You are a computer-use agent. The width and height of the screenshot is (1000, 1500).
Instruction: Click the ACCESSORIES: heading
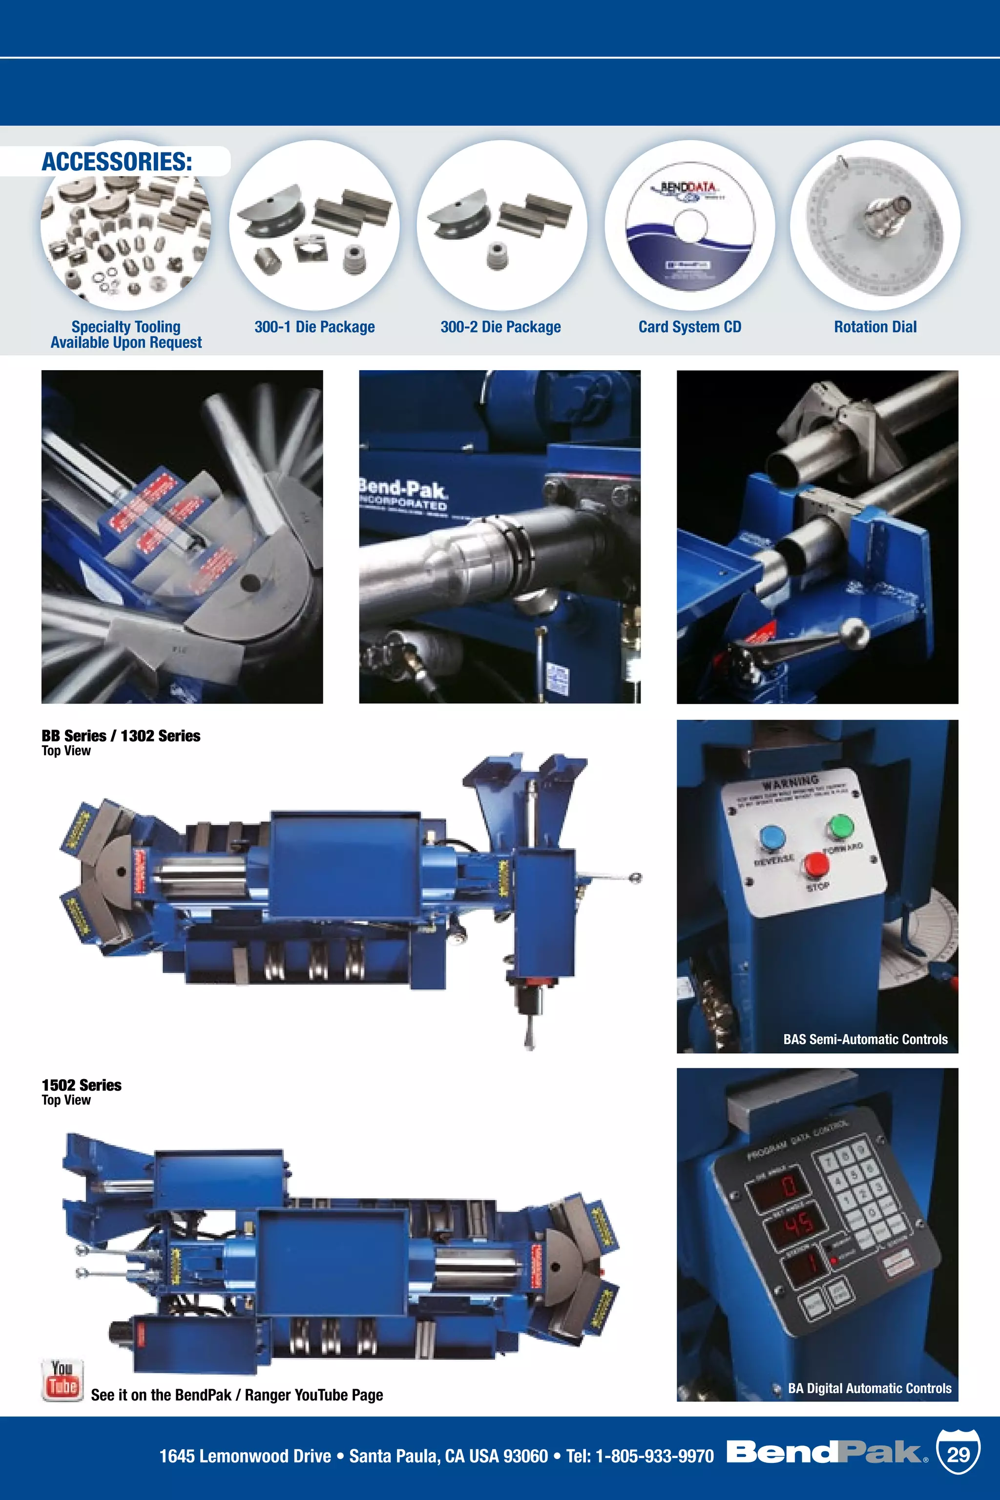pos(117,161)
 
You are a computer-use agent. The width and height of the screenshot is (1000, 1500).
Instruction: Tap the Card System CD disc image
pos(689,226)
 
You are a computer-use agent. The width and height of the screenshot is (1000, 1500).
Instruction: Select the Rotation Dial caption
pos(875,327)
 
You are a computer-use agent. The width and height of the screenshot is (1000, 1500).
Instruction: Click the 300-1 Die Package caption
pos(314,327)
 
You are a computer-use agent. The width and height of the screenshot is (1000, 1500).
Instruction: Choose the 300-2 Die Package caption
pos(500,327)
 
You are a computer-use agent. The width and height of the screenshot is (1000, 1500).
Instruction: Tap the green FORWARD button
pos(840,827)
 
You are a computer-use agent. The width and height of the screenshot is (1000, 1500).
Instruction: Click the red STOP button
pos(816,865)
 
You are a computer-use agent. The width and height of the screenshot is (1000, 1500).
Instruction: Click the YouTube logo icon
pos(62,1380)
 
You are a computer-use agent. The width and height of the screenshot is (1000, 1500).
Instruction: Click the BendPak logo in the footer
pos(827,1452)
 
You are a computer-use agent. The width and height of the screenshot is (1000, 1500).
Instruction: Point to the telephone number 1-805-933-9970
pos(654,1456)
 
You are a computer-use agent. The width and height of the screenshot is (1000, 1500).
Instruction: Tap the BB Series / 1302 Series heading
pos(121,736)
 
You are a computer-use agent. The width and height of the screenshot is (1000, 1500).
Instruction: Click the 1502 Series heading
pos(82,1085)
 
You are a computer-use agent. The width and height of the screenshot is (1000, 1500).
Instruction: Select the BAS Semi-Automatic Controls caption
pos(865,1039)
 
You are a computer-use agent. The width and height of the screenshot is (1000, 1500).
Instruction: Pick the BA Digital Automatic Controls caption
pos(869,1388)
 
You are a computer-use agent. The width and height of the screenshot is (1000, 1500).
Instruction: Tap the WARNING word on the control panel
pos(790,782)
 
